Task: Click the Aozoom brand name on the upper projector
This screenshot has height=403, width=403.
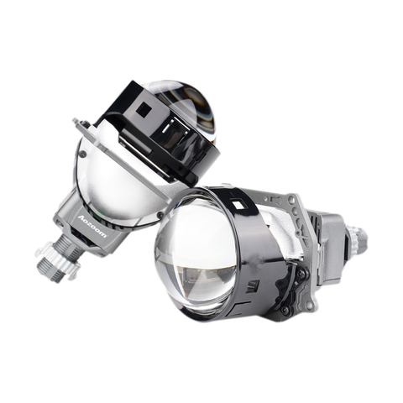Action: pos(90,222)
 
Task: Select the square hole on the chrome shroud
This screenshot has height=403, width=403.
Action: pos(241,206)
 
